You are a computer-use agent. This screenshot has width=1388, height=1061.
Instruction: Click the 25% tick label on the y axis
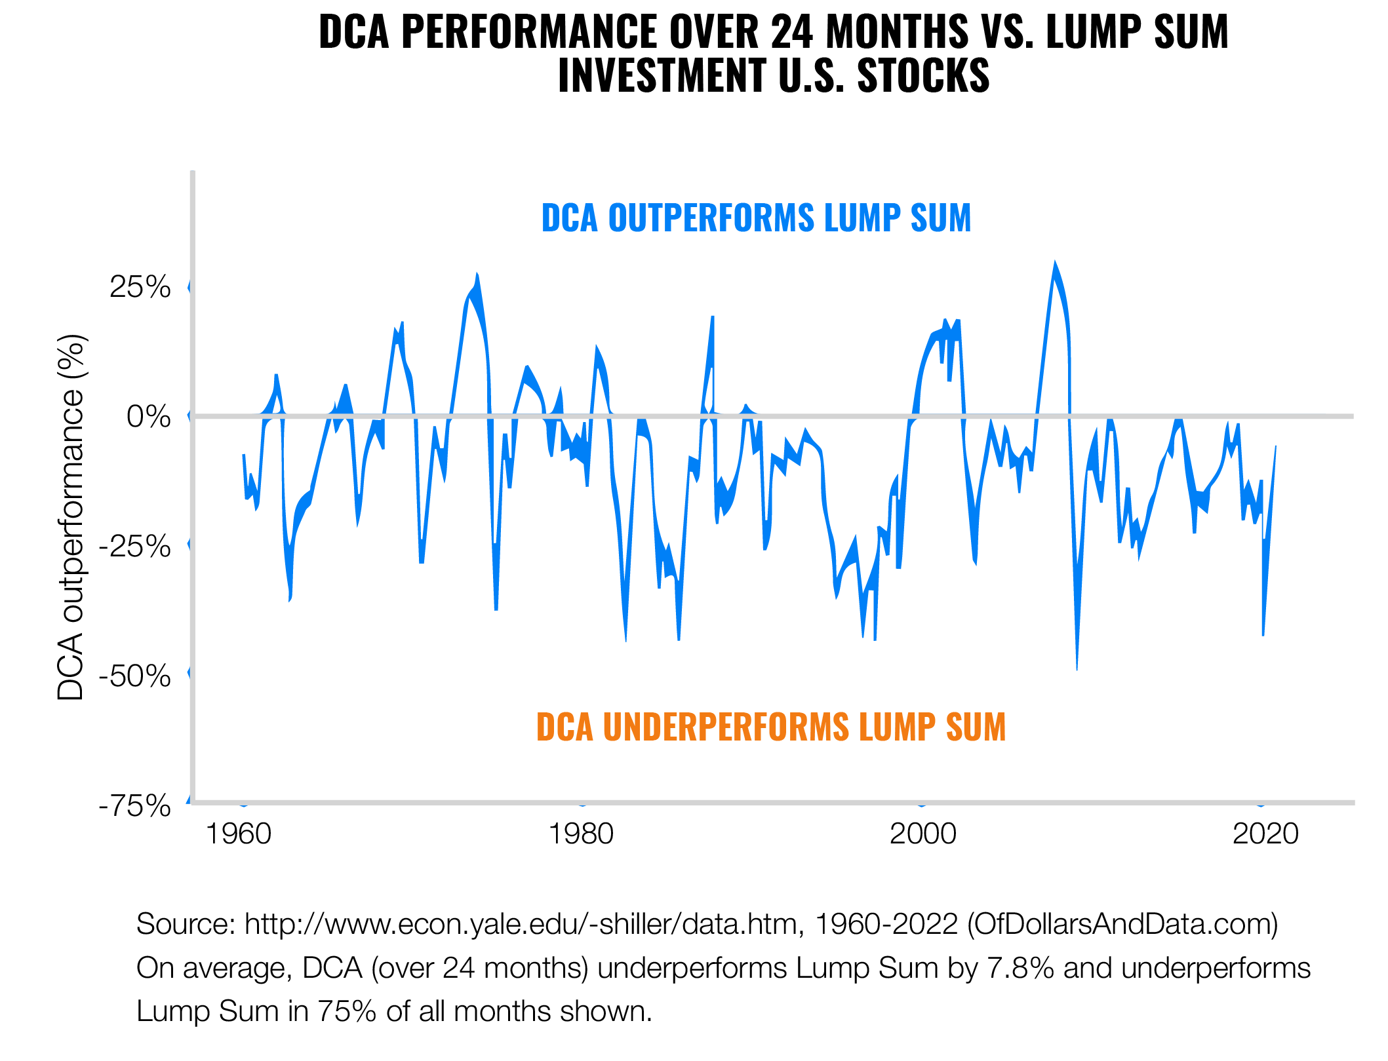click(140, 287)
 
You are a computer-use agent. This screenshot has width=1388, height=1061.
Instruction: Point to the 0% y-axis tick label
click(148, 416)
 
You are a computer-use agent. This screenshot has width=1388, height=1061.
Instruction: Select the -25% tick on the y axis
click(134, 545)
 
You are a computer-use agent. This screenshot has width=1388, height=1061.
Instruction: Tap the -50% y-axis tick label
click(134, 675)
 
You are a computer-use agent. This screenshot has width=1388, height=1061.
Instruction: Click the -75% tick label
click(134, 805)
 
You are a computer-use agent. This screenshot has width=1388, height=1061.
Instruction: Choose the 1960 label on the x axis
click(239, 834)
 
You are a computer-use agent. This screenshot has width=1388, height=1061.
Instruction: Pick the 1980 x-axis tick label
click(581, 834)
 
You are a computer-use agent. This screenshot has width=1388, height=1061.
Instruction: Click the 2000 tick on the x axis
click(922, 834)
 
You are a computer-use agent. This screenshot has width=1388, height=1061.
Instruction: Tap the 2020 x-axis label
click(1265, 834)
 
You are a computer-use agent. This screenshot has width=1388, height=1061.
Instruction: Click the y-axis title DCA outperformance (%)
click(71, 518)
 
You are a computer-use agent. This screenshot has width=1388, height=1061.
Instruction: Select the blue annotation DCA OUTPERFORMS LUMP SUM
click(756, 218)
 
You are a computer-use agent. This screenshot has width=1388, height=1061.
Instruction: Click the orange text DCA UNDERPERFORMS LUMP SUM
click(771, 727)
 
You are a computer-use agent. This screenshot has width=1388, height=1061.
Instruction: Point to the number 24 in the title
click(791, 31)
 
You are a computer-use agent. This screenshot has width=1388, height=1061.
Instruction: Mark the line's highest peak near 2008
click(1055, 264)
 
